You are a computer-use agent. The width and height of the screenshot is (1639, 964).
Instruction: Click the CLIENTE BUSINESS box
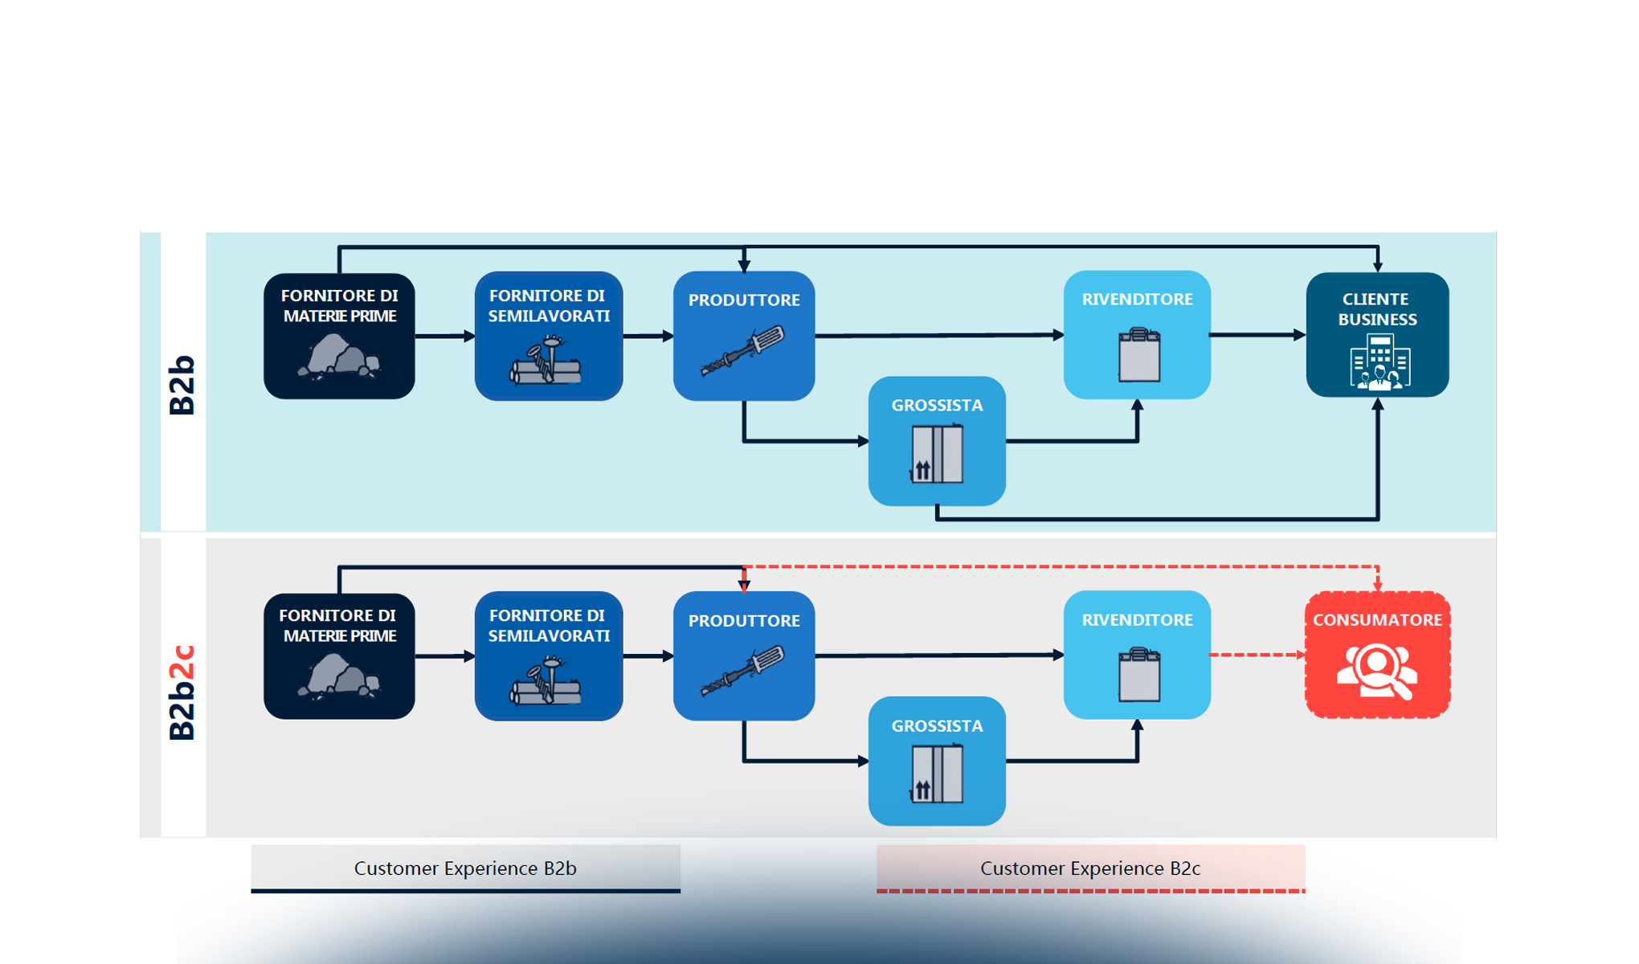(1377, 335)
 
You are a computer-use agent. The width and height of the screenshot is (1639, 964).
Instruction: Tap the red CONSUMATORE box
(1377, 655)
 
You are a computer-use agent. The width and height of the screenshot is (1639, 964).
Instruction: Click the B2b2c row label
(182, 692)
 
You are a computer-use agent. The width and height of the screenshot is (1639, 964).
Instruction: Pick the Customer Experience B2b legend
(465, 868)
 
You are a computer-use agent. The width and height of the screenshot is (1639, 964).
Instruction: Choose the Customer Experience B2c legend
(1090, 868)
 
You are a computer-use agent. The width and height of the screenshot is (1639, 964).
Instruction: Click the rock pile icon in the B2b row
(339, 357)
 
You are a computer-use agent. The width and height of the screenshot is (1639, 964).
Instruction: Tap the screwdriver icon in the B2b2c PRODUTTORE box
(743, 671)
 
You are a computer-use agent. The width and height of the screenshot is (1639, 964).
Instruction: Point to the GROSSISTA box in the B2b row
(937, 441)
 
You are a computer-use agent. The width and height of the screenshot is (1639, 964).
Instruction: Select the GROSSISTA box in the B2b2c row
(937, 761)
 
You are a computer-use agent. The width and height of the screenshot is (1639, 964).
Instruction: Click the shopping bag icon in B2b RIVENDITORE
(1138, 355)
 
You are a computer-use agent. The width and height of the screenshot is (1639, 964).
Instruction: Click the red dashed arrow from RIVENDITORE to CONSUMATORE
(1257, 655)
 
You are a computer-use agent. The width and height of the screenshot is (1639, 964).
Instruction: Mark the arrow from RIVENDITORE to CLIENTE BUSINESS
(1257, 335)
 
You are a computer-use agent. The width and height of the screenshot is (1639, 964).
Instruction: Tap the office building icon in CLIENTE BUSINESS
(1379, 363)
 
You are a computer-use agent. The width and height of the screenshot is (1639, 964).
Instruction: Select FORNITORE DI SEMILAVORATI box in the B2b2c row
(549, 656)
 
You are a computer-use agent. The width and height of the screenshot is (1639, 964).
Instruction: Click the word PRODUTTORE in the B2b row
(744, 300)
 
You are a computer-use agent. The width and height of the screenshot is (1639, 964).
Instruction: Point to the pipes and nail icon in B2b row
(546, 363)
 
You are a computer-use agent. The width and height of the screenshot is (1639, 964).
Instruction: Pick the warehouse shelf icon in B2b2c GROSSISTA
(937, 774)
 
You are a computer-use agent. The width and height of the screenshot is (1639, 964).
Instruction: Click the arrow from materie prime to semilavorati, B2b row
(444, 336)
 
